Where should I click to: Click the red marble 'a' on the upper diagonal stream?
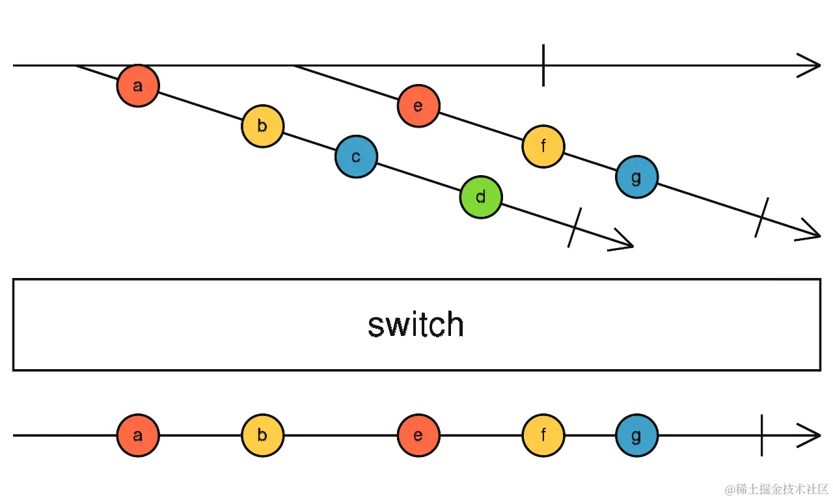(x=138, y=85)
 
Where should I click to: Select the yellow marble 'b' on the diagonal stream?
(x=262, y=126)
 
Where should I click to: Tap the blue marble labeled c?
(x=356, y=157)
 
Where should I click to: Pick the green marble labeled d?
(x=480, y=197)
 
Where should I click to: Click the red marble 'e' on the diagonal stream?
(x=418, y=106)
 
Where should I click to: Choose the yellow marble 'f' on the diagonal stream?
(x=543, y=146)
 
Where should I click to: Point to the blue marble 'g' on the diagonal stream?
(x=636, y=177)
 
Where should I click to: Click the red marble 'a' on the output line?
(x=138, y=436)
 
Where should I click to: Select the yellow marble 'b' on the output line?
(x=262, y=436)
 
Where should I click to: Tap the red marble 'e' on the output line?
(x=418, y=436)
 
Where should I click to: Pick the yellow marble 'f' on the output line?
(x=543, y=436)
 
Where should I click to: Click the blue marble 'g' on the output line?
(x=636, y=436)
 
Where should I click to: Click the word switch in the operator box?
(x=416, y=325)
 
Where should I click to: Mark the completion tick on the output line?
(x=761, y=436)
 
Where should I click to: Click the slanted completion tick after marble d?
(x=574, y=228)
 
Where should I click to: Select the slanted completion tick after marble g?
(x=761, y=217)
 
